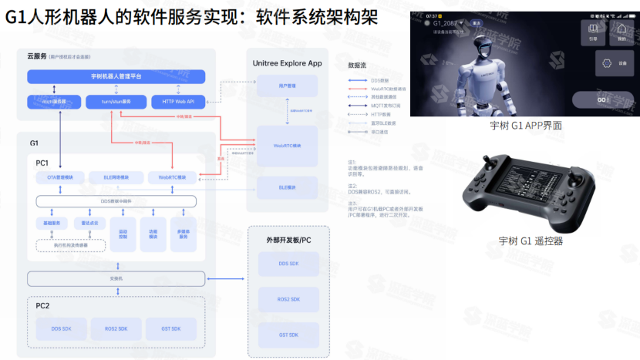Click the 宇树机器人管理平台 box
116,76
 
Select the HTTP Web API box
177,101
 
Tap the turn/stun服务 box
116,101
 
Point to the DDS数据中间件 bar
116,201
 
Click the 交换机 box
116,278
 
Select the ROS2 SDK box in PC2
116,329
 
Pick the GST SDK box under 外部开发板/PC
288,334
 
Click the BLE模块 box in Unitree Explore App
287,187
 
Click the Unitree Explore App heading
287,62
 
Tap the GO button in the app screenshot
603,100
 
